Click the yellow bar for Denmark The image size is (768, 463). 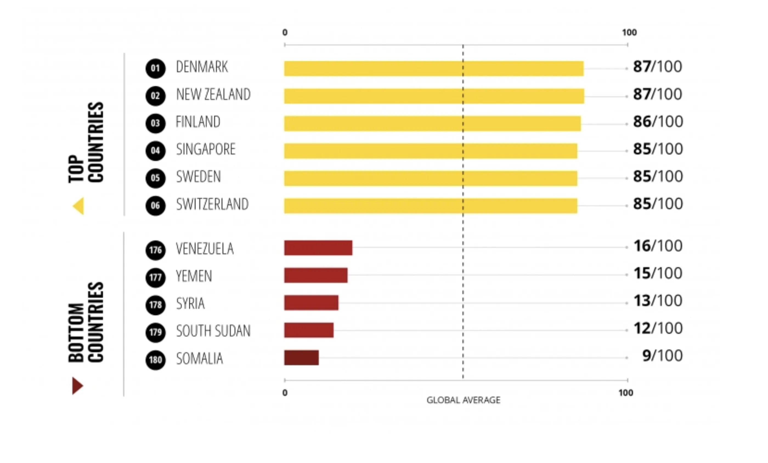point(434,68)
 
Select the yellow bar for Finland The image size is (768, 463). point(432,124)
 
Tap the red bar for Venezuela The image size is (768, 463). point(318,248)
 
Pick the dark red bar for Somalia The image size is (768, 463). point(301,358)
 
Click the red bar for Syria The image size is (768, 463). point(311,303)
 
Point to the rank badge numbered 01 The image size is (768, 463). point(155,68)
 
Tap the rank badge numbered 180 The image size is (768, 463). point(155,360)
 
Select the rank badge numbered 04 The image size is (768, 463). point(155,151)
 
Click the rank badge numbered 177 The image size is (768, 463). point(155,277)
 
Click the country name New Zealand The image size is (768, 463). point(213,94)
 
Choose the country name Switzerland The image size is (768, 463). point(212,204)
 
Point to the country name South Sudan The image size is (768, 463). point(213,331)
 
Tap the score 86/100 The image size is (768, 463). point(658,121)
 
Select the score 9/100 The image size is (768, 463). point(662,355)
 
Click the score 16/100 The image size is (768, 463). point(658,246)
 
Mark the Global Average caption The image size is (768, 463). point(463,400)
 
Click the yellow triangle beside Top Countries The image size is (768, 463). point(78,206)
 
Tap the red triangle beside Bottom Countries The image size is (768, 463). point(77,386)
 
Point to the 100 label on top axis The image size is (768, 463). point(629,32)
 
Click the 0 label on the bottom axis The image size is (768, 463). point(285,393)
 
